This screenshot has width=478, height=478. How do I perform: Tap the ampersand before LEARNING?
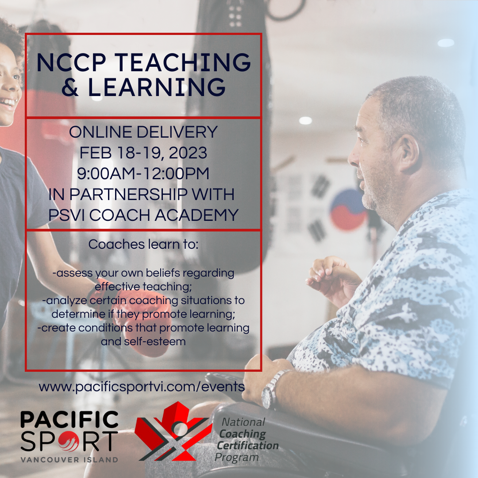click(x=70, y=87)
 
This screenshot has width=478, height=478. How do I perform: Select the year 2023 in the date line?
click(x=188, y=153)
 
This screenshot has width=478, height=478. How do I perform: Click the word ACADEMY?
click(x=197, y=215)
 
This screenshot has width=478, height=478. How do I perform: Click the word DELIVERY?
click(x=177, y=132)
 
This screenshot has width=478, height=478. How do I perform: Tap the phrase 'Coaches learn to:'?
click(x=143, y=244)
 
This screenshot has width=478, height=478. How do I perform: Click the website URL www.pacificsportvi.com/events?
click(x=142, y=387)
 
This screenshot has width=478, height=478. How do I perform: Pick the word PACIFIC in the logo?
click(x=69, y=419)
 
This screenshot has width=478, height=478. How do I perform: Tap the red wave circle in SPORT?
click(x=69, y=441)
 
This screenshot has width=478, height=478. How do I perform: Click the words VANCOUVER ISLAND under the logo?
click(x=69, y=460)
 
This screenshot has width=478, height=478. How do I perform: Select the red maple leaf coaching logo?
click(x=173, y=432)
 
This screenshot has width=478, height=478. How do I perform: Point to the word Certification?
click(x=247, y=445)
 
